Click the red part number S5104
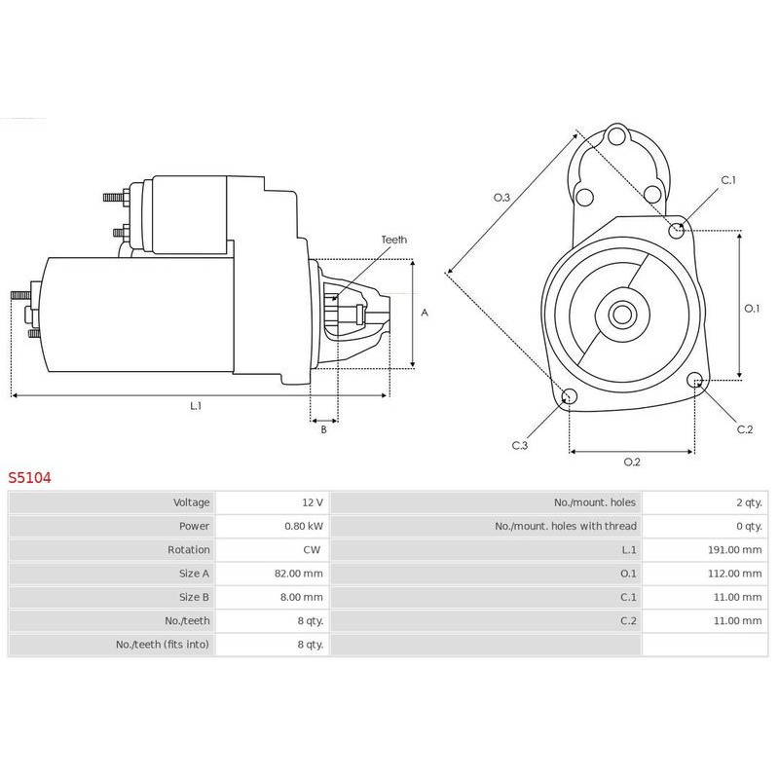point(29,478)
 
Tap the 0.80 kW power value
point(304,526)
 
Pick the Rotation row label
point(188,549)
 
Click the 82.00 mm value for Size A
point(299,574)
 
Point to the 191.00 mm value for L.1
point(735,549)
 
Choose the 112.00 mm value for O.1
point(735,574)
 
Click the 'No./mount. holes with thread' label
point(566,526)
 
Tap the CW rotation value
point(312,549)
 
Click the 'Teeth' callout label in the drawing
point(394,240)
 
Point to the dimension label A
point(425,313)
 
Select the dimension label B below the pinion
point(323,429)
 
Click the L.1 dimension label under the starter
point(196,406)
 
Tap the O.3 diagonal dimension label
point(501,198)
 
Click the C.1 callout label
point(728,180)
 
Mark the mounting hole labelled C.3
point(570,396)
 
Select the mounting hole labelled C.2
point(695,381)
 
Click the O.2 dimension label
point(632,462)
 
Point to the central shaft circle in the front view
point(622,315)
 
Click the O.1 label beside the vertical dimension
point(752,309)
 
